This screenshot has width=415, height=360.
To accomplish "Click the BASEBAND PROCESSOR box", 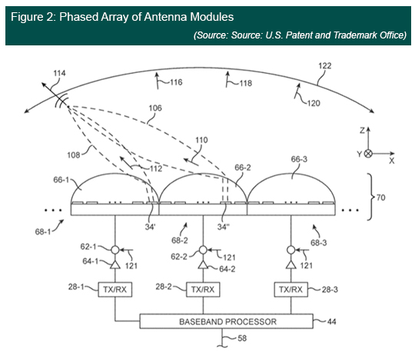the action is click(x=226, y=322).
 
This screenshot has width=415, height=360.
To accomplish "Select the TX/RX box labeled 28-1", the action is click(x=115, y=289).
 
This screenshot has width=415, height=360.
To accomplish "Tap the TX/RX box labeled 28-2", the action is click(x=203, y=289).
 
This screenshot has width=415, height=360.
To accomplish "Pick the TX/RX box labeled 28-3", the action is click(x=290, y=289).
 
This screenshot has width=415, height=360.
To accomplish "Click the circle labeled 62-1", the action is click(x=115, y=249).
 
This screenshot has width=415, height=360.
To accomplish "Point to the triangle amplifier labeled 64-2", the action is click(x=203, y=265).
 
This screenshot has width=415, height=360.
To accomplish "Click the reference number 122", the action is click(x=324, y=65).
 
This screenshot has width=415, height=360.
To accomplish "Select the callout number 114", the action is click(x=59, y=73).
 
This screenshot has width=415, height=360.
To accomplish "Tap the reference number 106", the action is click(x=155, y=108).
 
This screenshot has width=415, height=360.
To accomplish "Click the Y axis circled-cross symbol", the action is click(x=368, y=154).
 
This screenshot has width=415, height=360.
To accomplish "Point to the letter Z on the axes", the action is click(x=362, y=130).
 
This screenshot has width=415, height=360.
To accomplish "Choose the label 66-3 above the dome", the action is click(x=299, y=159).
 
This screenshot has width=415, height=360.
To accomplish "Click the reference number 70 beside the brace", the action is click(x=380, y=198).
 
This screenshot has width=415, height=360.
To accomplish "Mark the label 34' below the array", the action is click(x=150, y=227).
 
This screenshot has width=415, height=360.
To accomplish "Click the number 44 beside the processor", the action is click(x=332, y=322).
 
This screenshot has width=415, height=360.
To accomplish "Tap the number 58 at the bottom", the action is click(x=242, y=338).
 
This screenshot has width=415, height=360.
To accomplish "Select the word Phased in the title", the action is click(x=79, y=17).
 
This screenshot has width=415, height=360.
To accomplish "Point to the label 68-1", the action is click(x=43, y=232).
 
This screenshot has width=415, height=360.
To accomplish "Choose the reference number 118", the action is click(x=246, y=83).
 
